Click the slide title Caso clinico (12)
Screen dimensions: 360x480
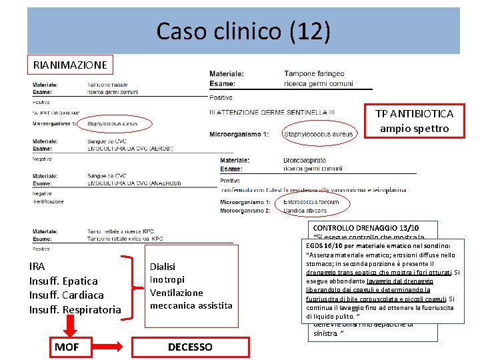coord(243,31)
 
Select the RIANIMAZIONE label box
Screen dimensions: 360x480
coord(70,65)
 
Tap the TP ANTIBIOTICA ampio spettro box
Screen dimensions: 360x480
coord(414,121)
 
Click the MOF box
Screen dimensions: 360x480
coord(67,347)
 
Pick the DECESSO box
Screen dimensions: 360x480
coord(190,347)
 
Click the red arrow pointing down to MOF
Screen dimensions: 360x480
coord(67,325)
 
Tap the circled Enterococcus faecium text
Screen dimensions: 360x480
coord(311,202)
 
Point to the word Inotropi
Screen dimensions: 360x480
coord(167,279)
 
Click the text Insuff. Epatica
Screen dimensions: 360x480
coord(63,281)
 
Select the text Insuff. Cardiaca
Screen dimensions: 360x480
coord(65,295)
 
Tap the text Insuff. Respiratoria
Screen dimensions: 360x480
coord(75,309)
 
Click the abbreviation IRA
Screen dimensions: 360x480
coord(37,266)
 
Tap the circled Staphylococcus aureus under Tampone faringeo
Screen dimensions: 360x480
coord(318,135)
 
